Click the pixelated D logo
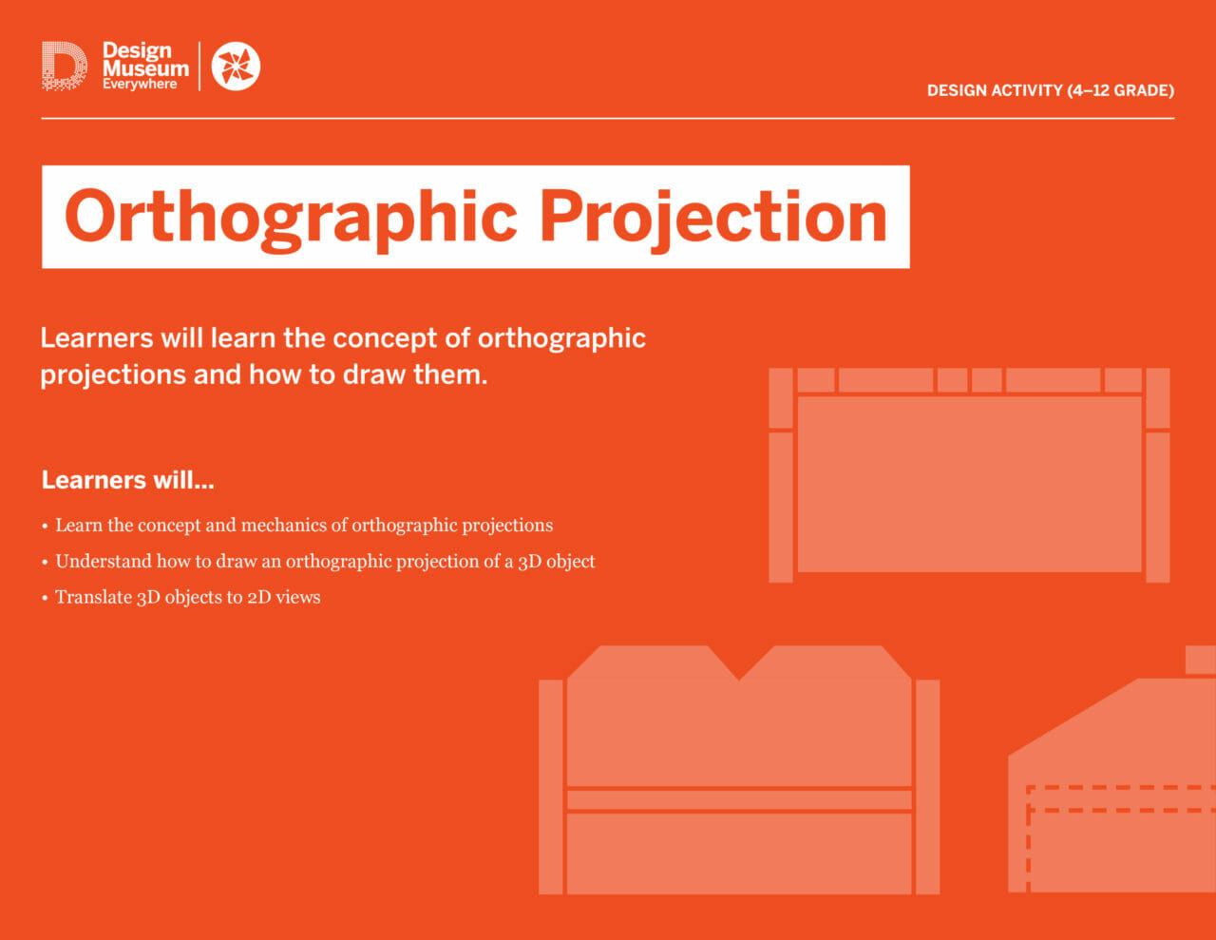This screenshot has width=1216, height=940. pyautogui.click(x=64, y=66)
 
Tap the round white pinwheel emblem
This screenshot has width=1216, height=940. pyautogui.click(x=236, y=66)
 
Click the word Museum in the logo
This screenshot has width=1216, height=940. pyautogui.click(x=145, y=68)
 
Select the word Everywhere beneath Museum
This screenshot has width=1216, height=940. pyautogui.click(x=140, y=85)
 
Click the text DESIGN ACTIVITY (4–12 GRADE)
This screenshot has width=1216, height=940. pyautogui.click(x=1050, y=91)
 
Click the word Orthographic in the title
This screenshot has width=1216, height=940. pyautogui.click(x=291, y=218)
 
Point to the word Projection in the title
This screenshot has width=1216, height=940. pyautogui.click(x=712, y=218)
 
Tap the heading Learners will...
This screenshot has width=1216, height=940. pyautogui.click(x=127, y=480)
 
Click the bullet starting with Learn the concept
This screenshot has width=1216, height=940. pyautogui.click(x=303, y=526)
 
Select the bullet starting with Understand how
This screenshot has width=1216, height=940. pyautogui.click(x=325, y=562)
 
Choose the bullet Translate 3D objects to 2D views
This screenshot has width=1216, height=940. pyautogui.click(x=187, y=598)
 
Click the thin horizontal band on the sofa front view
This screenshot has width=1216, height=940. pyautogui.click(x=739, y=799)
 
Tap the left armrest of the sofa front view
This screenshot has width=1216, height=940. pyautogui.click(x=551, y=786)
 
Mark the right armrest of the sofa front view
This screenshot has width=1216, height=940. pyautogui.click(x=927, y=786)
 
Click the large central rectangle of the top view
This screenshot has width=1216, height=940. pyautogui.click(x=969, y=484)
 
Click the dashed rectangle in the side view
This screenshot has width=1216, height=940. pyautogui.click(x=1121, y=799)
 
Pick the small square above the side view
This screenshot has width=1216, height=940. pyautogui.click(x=1201, y=659)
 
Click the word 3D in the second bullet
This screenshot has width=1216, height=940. pyautogui.click(x=529, y=562)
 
